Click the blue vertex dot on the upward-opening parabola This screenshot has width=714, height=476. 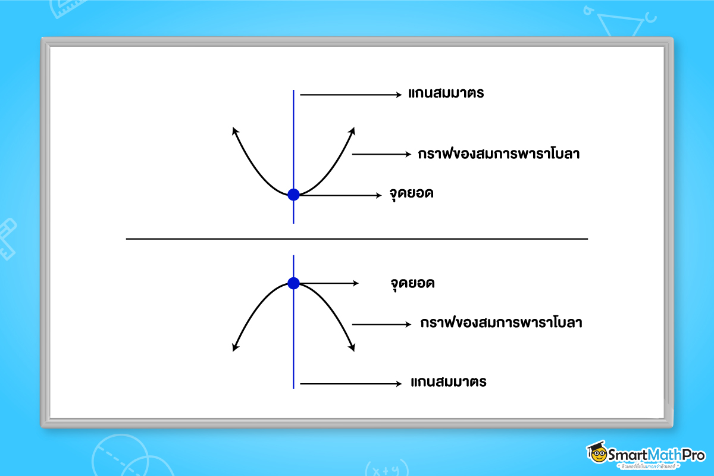click(293, 195)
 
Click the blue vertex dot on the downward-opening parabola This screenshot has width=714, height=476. click(293, 283)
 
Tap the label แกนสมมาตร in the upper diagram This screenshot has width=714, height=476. click(446, 94)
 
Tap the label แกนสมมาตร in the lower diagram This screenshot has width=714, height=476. click(449, 382)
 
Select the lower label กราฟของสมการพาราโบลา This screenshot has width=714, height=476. click(500, 324)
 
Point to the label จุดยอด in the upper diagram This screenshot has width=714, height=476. click(411, 195)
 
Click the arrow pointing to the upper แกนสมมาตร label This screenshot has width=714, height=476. click(351, 94)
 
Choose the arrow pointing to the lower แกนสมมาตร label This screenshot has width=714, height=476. click(351, 384)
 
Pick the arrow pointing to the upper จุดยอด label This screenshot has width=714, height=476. click(339, 195)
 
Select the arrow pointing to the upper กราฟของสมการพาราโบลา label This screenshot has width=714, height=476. click(381, 154)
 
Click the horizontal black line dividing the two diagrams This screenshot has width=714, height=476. click(357, 239)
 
